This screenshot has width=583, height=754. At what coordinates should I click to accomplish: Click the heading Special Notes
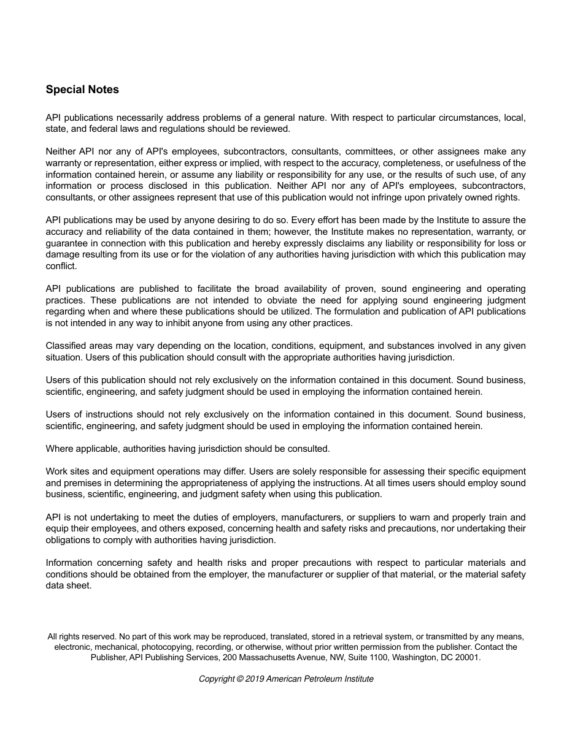pyautogui.click(x=82, y=89)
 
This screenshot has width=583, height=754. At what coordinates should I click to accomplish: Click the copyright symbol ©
pyautogui.click(x=240, y=679)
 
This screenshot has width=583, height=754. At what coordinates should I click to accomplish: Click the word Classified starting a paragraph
pyautogui.click(x=65, y=346)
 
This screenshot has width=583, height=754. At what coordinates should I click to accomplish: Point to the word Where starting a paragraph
pyautogui.click(x=59, y=449)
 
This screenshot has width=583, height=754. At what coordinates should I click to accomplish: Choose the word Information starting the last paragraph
pyautogui.click(x=69, y=563)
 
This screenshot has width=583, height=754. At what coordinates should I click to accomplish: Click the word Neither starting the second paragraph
pyautogui.click(x=61, y=151)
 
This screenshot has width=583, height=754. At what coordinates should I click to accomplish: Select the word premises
pyautogui.click(x=83, y=483)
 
